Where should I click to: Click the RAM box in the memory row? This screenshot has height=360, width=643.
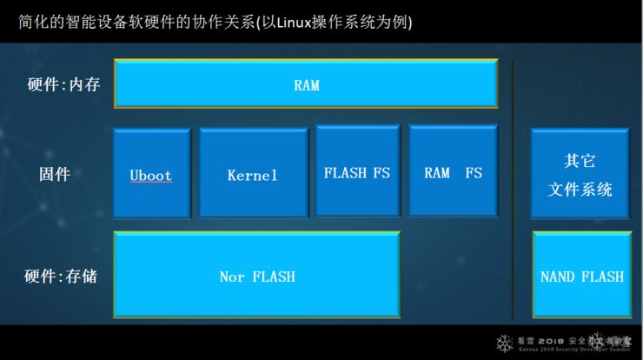pos(306,85)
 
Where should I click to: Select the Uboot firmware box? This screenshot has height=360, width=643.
pos(151,173)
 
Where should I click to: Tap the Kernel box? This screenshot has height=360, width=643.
pos(253,172)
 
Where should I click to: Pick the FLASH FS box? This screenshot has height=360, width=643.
pos(357,170)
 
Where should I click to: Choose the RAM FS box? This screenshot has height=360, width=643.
pos(452,170)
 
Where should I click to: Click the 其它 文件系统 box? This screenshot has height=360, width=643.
pos(581,173)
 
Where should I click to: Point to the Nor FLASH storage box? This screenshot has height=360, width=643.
pos(257,275)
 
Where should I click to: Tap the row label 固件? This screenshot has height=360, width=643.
pos(54,174)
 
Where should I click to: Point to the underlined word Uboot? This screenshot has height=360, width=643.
pos(150,176)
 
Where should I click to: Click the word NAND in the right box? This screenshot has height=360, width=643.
pos(558,277)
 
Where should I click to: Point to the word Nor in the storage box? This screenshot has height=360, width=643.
pos(232,277)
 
